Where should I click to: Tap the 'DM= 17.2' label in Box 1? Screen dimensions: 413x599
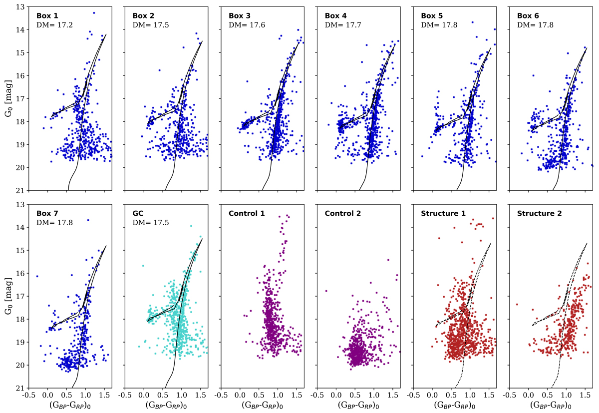(55, 24)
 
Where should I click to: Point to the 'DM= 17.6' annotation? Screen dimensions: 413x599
(247, 24)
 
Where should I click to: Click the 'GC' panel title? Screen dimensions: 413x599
(138, 214)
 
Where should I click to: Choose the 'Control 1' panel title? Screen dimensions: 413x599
(248, 214)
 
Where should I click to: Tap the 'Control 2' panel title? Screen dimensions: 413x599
(344, 214)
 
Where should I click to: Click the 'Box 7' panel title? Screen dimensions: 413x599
(46, 214)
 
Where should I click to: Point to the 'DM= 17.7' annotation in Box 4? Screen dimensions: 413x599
(343, 24)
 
